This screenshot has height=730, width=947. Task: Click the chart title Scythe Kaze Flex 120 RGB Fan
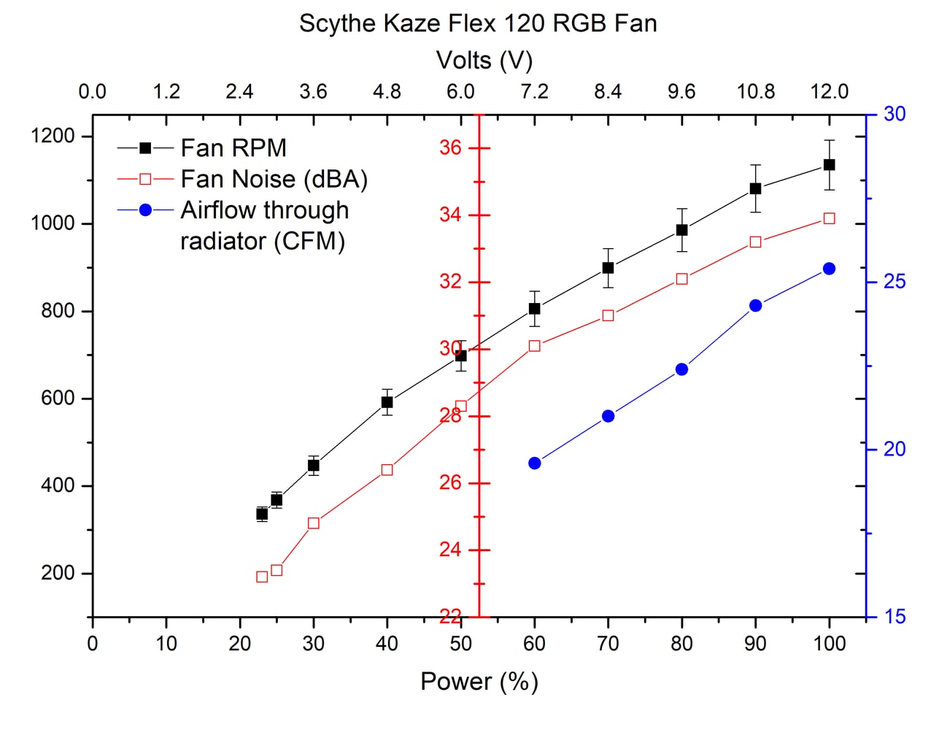click(478, 23)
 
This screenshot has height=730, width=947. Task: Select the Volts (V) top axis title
click(484, 60)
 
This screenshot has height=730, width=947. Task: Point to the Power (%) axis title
click(479, 681)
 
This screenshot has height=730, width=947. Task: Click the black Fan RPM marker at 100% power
click(829, 165)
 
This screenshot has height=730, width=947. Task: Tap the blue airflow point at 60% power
click(534, 463)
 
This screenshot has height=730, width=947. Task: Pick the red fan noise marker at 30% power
click(314, 523)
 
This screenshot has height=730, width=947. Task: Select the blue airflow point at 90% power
click(755, 305)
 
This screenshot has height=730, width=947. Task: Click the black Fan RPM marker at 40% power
click(387, 402)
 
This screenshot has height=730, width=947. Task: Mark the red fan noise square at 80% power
click(681, 279)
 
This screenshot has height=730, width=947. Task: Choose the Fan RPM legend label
click(233, 148)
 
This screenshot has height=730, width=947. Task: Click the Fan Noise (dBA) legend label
click(274, 179)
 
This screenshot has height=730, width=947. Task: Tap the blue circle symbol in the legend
click(145, 210)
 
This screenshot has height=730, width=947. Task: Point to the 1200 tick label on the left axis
click(53, 136)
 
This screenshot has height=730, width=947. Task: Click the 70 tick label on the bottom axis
click(608, 643)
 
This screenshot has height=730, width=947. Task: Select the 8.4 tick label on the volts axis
click(608, 91)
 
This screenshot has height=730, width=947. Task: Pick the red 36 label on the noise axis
click(450, 147)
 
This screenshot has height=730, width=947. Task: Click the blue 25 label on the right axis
click(894, 282)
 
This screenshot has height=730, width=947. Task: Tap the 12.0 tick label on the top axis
click(829, 91)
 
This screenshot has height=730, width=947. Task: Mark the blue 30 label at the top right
click(894, 114)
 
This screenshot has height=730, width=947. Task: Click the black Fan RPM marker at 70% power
click(608, 268)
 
